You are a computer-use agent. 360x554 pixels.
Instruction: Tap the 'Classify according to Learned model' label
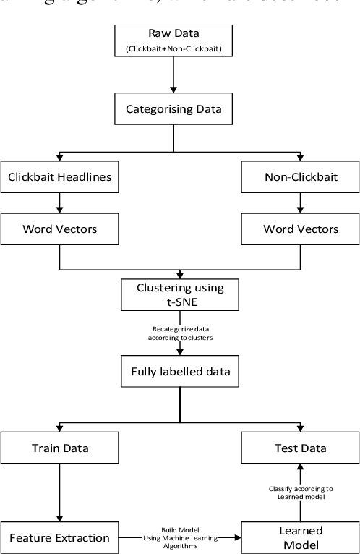coord(292,491)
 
